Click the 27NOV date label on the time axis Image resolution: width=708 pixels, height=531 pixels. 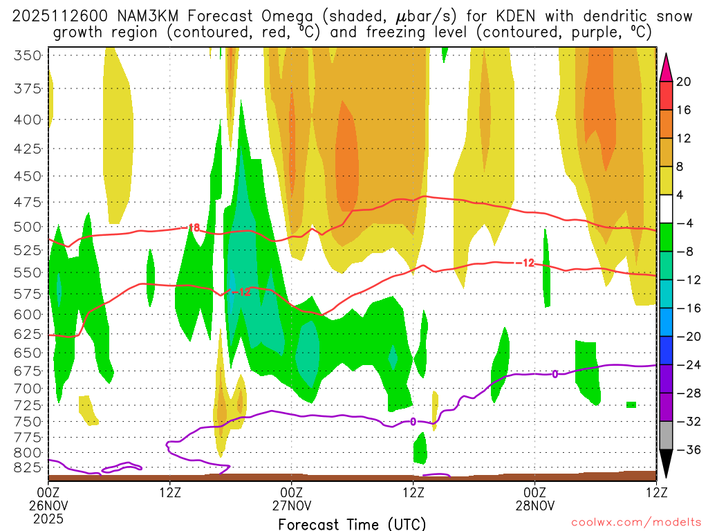point(292,505)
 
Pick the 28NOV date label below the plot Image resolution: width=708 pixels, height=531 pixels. point(535,505)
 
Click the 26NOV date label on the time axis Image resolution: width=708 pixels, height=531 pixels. point(48,505)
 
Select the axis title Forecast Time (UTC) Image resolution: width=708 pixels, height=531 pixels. point(352,523)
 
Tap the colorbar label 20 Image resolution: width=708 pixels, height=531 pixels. point(684,82)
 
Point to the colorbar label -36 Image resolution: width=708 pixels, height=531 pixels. point(684,450)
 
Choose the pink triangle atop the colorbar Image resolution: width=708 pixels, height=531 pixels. point(667,66)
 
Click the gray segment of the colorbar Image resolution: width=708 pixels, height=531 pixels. point(667,436)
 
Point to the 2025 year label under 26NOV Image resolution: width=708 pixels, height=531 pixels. point(48,517)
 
